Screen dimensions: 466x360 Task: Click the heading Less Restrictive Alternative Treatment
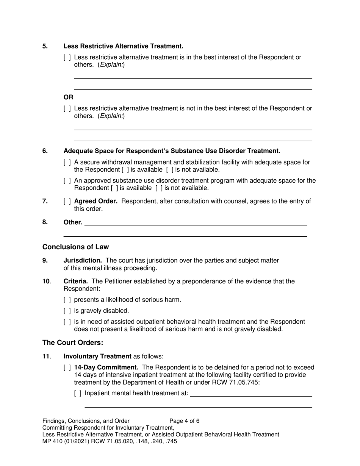coord(123,46)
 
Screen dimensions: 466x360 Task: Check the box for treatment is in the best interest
coord(67,58)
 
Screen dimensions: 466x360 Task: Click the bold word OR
coord(68,97)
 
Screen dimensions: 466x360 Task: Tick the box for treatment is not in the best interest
coord(67,109)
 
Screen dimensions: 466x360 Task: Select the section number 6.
coord(45,151)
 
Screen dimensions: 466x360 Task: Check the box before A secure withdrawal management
coord(67,163)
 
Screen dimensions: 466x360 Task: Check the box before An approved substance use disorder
coord(67,181)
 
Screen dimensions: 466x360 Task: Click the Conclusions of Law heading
coord(75,247)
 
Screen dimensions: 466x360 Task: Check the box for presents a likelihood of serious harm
coord(67,300)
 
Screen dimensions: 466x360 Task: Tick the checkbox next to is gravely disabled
coord(67,311)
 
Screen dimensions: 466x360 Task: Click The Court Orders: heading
coord(72,343)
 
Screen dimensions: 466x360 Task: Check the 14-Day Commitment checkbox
coord(67,368)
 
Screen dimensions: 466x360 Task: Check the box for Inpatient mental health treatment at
coord(78,393)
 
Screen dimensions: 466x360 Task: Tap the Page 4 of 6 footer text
coord(184,421)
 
